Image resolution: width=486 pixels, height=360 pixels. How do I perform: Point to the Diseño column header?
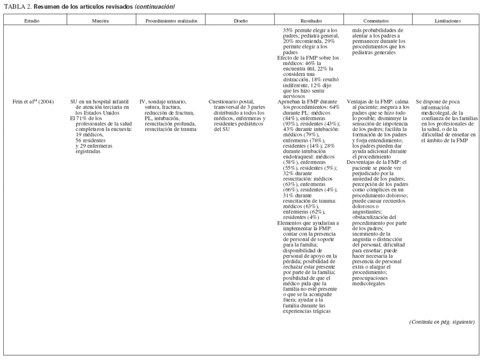click(240, 21)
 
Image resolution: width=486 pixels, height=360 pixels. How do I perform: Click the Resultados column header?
click(311, 21)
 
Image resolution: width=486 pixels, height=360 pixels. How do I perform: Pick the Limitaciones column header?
click(448, 21)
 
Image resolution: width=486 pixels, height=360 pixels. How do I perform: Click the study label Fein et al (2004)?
click(34, 102)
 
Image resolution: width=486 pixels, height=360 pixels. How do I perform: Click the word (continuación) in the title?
click(155, 7)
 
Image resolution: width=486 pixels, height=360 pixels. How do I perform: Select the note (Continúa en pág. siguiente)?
click(442, 322)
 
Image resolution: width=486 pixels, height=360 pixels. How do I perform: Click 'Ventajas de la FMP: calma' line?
click(378, 102)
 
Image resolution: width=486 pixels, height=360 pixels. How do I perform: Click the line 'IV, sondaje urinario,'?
click(163, 102)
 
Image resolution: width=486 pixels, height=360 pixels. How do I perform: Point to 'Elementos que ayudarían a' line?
click(308, 223)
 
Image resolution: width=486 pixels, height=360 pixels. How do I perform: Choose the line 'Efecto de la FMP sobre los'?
click(308, 57)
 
